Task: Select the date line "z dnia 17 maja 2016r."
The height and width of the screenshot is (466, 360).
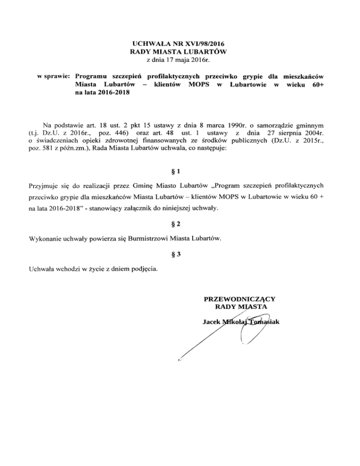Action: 180,60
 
